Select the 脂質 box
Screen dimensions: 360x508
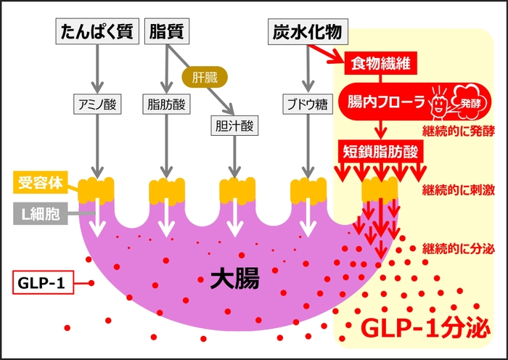(168, 32)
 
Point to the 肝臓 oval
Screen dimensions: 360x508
(205, 75)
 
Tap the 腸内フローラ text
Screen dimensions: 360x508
(385, 101)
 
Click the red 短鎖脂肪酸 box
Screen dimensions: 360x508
(381, 152)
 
